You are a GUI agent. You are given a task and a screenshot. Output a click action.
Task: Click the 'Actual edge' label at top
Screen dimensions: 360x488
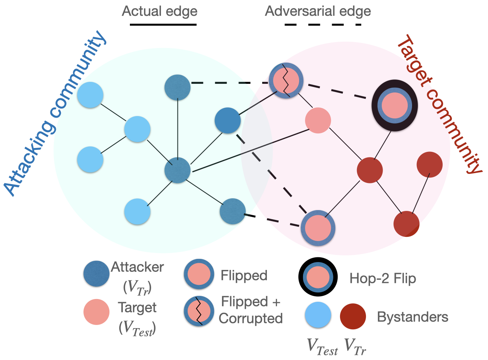(x=159, y=11)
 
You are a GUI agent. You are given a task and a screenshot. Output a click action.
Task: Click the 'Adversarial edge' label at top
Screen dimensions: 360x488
(x=318, y=11)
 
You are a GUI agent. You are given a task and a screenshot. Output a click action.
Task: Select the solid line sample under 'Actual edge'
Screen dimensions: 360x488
(x=163, y=24)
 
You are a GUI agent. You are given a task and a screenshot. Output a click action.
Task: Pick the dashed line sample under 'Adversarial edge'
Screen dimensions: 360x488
(x=323, y=25)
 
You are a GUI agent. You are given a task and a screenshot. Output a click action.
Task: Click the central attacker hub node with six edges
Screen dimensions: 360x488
(x=177, y=170)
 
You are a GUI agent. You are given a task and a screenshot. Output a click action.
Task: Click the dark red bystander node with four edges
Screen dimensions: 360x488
(x=370, y=170)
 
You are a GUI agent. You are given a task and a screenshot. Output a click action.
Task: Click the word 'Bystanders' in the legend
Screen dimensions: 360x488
(x=412, y=316)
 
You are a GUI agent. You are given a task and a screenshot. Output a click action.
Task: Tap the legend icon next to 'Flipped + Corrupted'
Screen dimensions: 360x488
(x=199, y=311)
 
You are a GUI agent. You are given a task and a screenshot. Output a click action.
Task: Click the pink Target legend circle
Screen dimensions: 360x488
(x=96, y=312)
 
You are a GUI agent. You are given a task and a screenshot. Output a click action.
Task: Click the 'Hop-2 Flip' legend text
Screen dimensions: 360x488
(x=383, y=279)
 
